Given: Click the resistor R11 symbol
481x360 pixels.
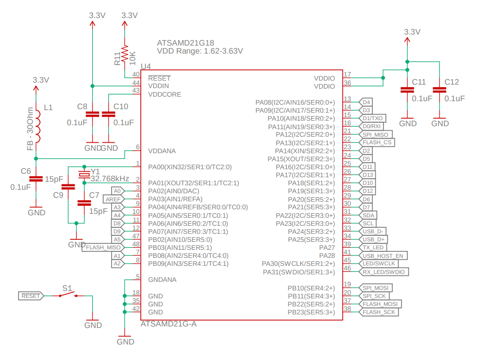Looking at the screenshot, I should coord(124,51).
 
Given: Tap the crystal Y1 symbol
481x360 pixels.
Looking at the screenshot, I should coord(84,174).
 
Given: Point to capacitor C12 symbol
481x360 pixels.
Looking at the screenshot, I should coord(440,90).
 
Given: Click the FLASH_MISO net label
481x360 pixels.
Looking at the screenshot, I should coord(103,247).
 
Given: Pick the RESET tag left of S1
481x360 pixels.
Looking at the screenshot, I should coord(31,296).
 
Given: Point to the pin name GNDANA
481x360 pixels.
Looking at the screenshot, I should coord(162,280).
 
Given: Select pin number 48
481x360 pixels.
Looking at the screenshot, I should coord(135,244).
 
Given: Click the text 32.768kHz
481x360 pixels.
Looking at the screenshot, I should coord(110,179).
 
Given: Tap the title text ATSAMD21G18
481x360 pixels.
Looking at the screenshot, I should coord(185,43).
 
